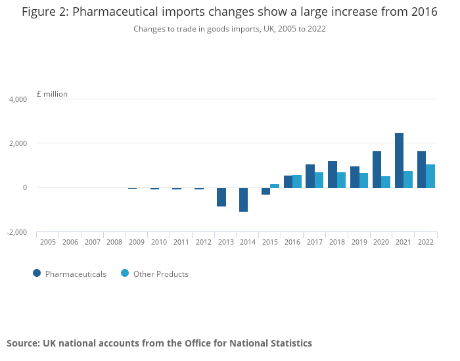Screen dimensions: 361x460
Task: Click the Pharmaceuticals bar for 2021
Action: (399, 160)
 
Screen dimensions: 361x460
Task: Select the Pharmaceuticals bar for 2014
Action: (243, 200)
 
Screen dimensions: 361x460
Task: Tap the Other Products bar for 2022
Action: (430, 176)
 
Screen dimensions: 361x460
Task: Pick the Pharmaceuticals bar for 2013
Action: (221, 197)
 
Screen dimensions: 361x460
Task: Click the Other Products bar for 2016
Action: (297, 181)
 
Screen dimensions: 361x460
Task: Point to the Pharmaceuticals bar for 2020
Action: (377, 170)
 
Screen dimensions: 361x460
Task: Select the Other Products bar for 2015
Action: (275, 186)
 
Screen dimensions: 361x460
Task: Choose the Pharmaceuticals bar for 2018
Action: (332, 175)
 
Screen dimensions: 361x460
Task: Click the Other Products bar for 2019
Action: (363, 181)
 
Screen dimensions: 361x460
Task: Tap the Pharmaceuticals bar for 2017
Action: (310, 176)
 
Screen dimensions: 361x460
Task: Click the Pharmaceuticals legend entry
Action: (69, 274)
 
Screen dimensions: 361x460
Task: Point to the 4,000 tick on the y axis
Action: (18, 99)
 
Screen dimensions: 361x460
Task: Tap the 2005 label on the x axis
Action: (48, 243)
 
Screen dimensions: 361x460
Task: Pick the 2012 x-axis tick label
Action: (203, 243)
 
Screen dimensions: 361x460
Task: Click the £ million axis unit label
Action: (52, 94)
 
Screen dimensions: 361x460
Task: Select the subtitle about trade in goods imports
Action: (229, 29)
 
